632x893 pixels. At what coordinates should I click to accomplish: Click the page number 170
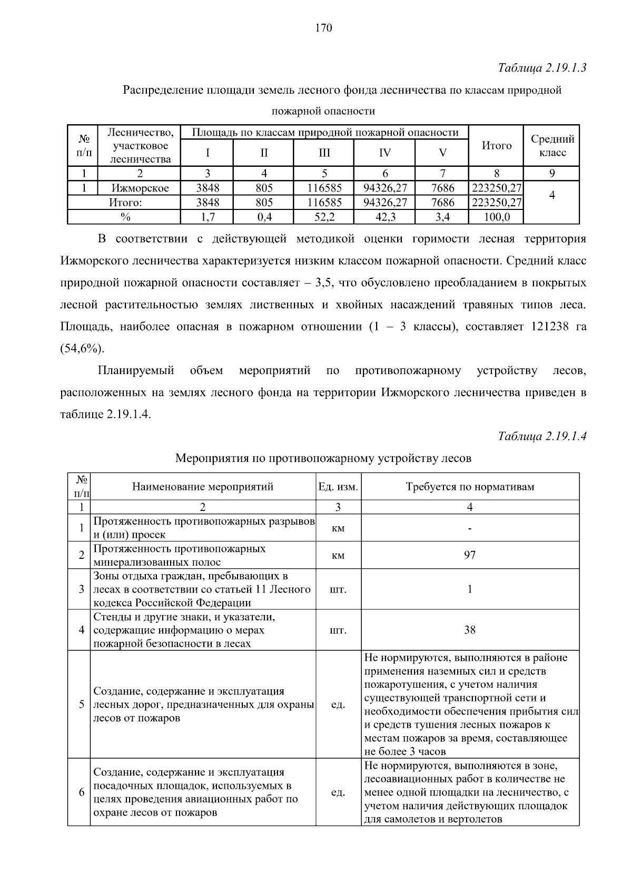point(323,28)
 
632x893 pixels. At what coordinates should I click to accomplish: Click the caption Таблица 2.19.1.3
point(542,68)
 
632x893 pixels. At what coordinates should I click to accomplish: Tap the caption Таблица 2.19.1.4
point(542,436)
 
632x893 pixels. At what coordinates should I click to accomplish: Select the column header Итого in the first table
point(496,146)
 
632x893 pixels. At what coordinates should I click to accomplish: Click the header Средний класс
point(552,146)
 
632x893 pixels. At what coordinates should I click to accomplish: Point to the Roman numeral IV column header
point(385,153)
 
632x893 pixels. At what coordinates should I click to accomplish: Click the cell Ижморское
point(140,188)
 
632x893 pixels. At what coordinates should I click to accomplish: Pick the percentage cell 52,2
point(324,217)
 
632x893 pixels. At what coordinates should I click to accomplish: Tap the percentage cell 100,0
point(496,217)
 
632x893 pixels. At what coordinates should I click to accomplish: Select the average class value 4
point(552,195)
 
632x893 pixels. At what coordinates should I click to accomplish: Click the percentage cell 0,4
point(264,217)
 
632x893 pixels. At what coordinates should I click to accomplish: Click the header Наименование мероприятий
point(203,487)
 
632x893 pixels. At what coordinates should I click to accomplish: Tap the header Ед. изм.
point(338,487)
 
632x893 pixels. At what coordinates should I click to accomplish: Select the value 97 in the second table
point(470,555)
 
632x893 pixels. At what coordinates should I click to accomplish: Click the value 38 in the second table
point(470,630)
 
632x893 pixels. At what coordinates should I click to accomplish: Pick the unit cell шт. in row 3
point(338,589)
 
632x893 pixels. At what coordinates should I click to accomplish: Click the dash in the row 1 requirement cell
point(470,528)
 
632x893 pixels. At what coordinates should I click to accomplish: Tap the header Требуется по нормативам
point(470,487)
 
